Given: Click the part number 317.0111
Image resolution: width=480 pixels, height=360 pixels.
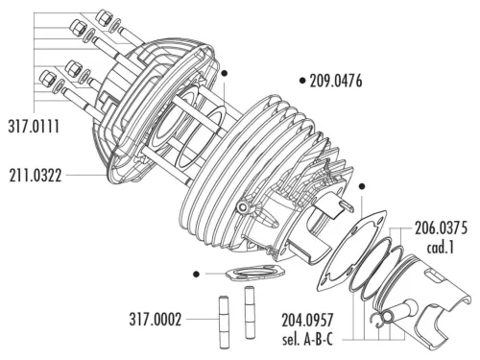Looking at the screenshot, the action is tap(34, 126).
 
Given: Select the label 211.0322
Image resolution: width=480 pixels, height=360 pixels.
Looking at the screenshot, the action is tap(36, 176).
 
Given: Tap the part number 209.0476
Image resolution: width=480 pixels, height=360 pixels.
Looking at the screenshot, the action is tap(336, 81).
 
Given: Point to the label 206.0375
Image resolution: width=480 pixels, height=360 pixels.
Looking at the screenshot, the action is tap(441, 228).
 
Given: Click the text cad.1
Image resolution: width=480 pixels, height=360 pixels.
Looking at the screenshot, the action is tap(441, 248).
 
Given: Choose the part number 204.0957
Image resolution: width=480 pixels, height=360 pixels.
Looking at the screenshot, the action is tap(307, 320).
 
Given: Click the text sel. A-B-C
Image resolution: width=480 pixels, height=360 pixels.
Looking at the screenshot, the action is tap(307, 339).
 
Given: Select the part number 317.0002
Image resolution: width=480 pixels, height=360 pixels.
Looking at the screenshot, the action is tap(156, 319).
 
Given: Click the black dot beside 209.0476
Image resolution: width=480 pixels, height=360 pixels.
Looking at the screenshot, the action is tap(302, 81).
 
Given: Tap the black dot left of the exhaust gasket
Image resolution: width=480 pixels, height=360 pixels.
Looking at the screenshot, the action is tap(197, 274).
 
